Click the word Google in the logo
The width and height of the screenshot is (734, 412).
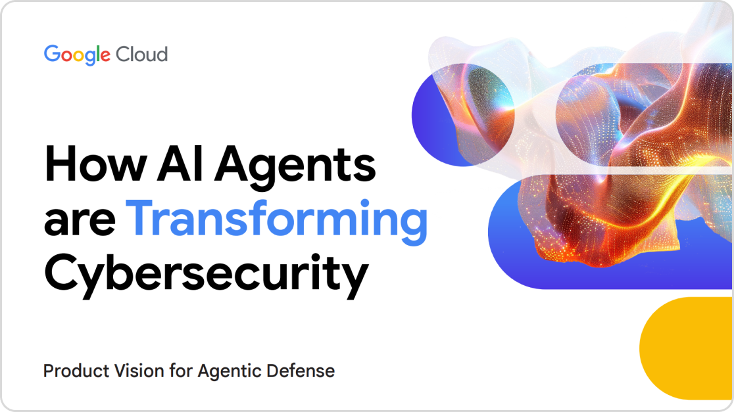tap(77, 55)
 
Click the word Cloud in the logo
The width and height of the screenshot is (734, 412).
tap(142, 55)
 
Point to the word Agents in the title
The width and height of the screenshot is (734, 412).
tap(295, 168)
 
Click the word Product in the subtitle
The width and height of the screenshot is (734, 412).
tap(76, 371)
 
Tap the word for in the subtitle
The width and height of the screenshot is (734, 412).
tap(181, 371)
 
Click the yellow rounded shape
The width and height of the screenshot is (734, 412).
tap(687, 348)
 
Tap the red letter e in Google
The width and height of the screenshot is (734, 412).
tap(106, 56)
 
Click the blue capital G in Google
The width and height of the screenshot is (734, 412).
tap(52, 54)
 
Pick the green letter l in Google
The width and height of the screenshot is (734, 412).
tap(98, 53)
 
